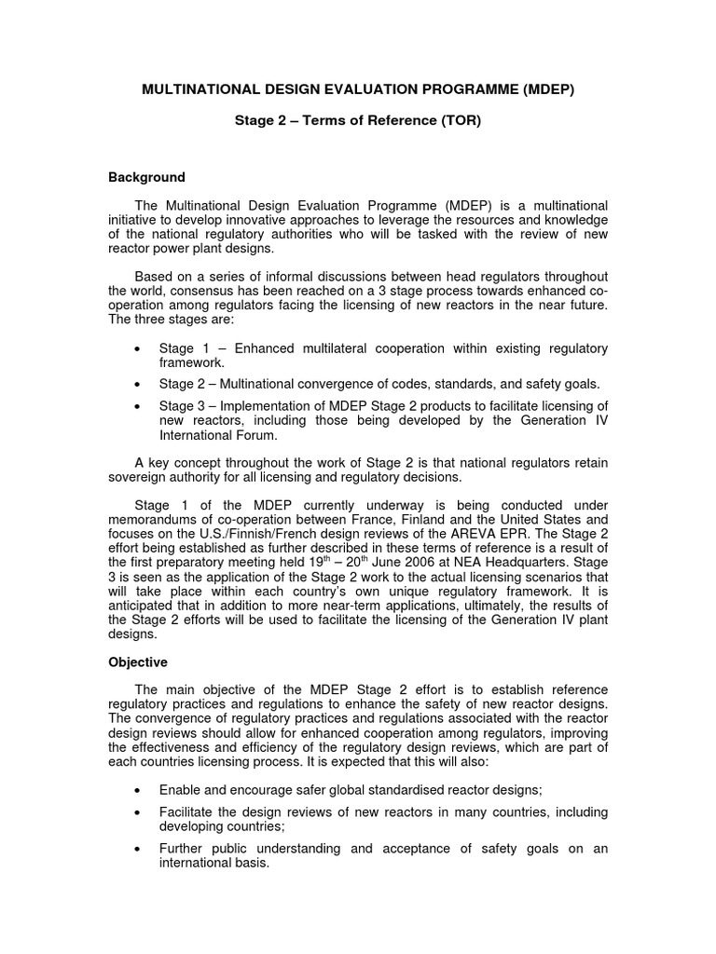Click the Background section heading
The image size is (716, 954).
[146, 177]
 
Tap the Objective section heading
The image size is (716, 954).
[138, 661]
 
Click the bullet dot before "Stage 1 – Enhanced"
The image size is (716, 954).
[138, 349]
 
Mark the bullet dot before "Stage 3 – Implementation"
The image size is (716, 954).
[138, 406]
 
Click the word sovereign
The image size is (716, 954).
[138, 477]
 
